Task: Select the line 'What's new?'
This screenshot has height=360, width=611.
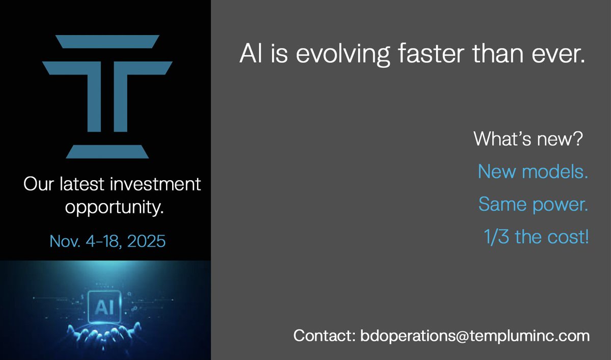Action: (x=527, y=139)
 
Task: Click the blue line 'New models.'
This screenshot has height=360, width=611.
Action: (x=533, y=172)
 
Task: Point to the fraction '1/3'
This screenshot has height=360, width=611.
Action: (x=497, y=237)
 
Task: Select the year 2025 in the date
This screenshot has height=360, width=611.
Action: (x=146, y=240)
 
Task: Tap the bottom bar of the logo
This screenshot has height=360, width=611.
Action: (x=107, y=151)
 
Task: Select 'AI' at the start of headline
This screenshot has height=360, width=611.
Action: (x=250, y=53)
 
